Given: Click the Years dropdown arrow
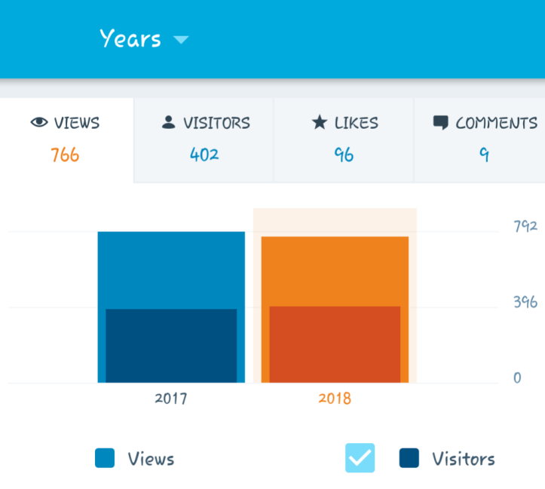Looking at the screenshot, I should [180, 39].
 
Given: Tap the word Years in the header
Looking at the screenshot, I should [130, 38].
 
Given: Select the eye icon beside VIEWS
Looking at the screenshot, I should [39, 123].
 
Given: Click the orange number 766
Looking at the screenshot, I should [65, 155].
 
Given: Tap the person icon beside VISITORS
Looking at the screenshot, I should [169, 123].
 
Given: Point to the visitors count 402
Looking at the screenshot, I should [204, 155].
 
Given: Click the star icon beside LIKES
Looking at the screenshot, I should [319, 123].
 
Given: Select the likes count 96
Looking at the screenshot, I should [344, 155].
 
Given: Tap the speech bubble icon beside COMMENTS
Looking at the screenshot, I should [441, 123].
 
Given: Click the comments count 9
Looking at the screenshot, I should [484, 155].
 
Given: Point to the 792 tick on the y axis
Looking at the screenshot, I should [525, 226].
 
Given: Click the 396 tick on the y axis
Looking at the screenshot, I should [525, 303].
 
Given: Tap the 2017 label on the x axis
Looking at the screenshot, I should [171, 399].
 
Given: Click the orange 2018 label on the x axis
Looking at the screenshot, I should [335, 399].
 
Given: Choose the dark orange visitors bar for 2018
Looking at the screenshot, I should [335, 344].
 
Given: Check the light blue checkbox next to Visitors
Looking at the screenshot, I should [360, 458].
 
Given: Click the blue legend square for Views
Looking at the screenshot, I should [105, 458].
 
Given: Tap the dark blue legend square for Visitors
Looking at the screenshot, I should [409, 458].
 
